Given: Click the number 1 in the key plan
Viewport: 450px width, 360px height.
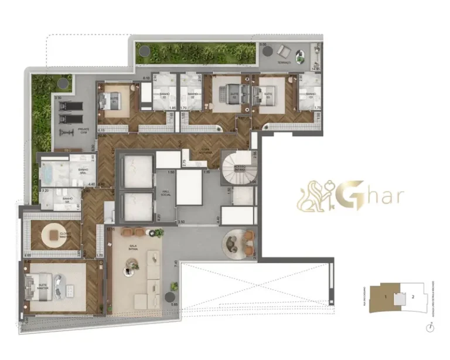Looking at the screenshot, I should [385, 297].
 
